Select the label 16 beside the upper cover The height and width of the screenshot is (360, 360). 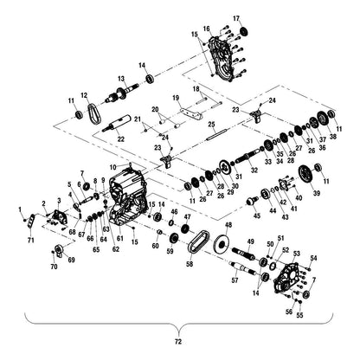206,29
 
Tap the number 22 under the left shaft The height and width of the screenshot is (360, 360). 119,139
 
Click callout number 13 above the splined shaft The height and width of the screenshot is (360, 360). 120,79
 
